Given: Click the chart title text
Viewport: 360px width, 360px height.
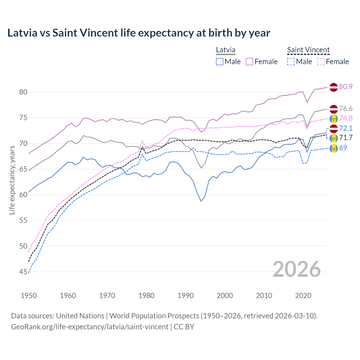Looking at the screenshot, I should click(139, 33).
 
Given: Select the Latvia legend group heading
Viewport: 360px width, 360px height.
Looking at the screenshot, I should click(226, 50).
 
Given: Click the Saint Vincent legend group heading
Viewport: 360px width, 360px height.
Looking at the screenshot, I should click(308, 50).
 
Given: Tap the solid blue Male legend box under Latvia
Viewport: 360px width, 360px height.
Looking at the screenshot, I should click(220, 62).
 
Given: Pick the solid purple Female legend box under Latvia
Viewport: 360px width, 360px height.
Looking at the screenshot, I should click(249, 62).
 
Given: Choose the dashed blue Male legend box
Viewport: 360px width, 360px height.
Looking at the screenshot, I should click(291, 62).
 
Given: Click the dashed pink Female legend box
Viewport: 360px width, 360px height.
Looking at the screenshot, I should click(321, 62).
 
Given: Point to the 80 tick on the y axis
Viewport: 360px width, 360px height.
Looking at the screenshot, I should click(23, 92).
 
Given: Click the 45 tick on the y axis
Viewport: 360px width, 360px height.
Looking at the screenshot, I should click(23, 272).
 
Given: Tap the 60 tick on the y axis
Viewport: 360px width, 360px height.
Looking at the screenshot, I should click(23, 195).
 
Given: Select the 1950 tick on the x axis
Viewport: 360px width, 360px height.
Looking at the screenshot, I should click(29, 296).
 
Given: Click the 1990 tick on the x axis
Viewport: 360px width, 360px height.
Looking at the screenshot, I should click(186, 296).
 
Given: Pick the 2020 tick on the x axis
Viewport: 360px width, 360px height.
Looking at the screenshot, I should click(303, 296).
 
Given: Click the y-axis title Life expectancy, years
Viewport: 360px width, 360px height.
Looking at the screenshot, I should click(12, 180).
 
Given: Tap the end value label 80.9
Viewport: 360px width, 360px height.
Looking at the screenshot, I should click(346, 87).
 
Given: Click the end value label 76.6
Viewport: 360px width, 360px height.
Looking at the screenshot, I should click(346, 109).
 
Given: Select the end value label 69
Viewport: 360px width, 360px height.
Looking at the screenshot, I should click(343, 148).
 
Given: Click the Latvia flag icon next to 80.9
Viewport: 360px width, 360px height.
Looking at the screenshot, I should click(334, 87).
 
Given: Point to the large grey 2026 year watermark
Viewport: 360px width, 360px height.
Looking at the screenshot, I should click(296, 269).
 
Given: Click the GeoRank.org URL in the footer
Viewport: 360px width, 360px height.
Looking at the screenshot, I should click(90, 327).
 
